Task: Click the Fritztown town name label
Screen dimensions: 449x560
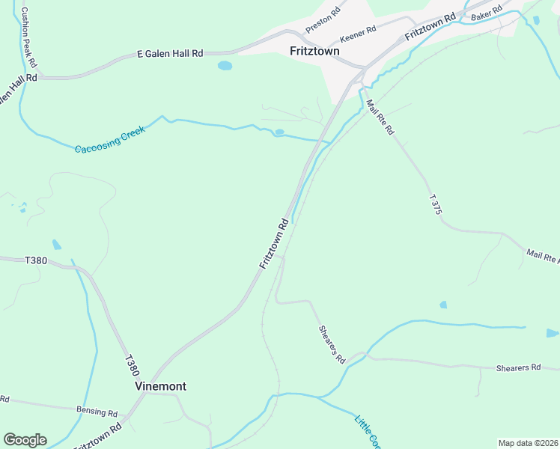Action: pyautogui.click(x=314, y=51)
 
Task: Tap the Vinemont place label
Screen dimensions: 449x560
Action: pyautogui.click(x=160, y=386)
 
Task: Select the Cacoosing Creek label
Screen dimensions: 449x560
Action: pyautogui.click(x=109, y=139)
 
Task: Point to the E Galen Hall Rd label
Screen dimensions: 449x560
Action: pyautogui.click(x=170, y=54)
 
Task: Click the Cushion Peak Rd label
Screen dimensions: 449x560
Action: pyautogui.click(x=28, y=37)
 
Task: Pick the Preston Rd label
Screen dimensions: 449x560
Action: pyautogui.click(x=323, y=20)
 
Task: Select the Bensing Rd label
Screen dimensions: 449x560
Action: pyautogui.click(x=97, y=412)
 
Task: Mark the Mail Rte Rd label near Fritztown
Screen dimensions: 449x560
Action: pyautogui.click(x=380, y=117)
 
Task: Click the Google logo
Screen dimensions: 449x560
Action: pyautogui.click(x=25, y=439)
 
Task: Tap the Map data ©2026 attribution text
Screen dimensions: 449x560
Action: pyautogui.click(x=528, y=443)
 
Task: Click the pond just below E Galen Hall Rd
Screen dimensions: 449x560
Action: pyautogui.click(x=225, y=66)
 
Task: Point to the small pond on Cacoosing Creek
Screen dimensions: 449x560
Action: pyautogui.click(x=279, y=132)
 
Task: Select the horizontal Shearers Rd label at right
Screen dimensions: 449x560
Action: pyautogui.click(x=518, y=367)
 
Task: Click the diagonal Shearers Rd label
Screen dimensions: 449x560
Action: pyautogui.click(x=332, y=344)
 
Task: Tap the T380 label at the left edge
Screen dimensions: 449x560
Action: pyautogui.click(x=36, y=260)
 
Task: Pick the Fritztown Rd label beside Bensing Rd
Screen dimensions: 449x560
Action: pyautogui.click(x=97, y=436)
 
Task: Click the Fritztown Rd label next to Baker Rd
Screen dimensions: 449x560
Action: pyautogui.click(x=430, y=28)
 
